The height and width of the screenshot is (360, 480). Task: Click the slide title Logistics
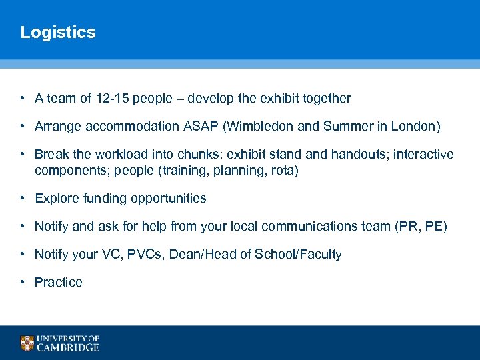pyautogui.click(x=58, y=33)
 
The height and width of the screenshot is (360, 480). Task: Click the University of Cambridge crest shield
pyautogui.click(x=27, y=343)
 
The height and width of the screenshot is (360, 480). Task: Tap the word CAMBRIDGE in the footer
pyautogui.click(x=69, y=347)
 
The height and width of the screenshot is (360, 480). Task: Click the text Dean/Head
pyautogui.click(x=202, y=255)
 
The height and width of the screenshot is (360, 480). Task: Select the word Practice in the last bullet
pyautogui.click(x=59, y=283)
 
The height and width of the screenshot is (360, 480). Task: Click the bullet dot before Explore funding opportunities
pyautogui.click(x=23, y=199)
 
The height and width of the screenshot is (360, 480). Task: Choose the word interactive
pyautogui.click(x=423, y=155)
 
